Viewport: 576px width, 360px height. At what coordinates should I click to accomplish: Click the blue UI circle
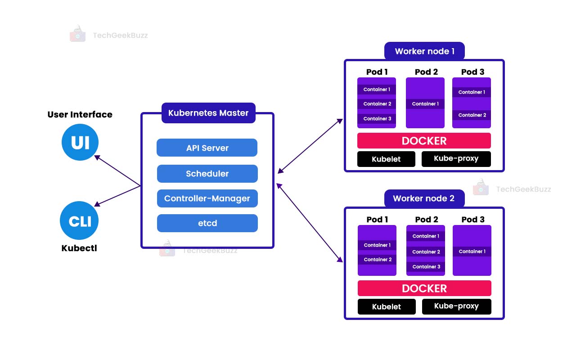coord(80,142)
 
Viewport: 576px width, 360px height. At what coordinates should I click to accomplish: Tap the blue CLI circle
coord(79,220)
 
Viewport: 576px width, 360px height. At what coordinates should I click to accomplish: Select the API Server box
coord(207,148)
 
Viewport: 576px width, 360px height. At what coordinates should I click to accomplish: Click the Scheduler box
coord(207,174)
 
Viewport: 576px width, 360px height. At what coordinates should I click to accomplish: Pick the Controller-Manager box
coord(207,198)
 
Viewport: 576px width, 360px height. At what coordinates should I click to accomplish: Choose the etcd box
coord(207,223)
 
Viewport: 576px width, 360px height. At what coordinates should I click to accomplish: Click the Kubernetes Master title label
coord(208,113)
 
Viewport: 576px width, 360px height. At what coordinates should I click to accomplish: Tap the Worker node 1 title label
coord(424,51)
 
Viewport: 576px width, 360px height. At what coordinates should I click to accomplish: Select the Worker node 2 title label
coord(424,198)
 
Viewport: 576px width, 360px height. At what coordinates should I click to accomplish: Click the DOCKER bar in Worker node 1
coord(424,141)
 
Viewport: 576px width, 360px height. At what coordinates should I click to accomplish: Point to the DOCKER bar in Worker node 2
coord(424,288)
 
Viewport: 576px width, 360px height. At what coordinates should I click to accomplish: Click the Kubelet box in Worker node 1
coord(386,159)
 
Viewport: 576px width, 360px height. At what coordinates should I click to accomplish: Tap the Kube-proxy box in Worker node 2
coord(456,306)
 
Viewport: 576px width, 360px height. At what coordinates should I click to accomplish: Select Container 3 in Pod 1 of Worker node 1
coord(377,119)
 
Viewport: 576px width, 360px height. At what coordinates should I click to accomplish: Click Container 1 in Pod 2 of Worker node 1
coord(425,104)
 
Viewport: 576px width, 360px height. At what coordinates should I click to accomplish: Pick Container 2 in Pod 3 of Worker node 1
coord(472,115)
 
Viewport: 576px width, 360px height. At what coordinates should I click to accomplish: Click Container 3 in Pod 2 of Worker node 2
coord(426,267)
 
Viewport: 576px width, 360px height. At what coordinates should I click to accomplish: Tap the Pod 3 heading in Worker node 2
coord(472,220)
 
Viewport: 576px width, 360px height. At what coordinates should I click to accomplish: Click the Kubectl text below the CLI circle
coord(79,248)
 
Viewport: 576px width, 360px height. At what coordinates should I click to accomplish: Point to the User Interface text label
coord(80,115)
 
